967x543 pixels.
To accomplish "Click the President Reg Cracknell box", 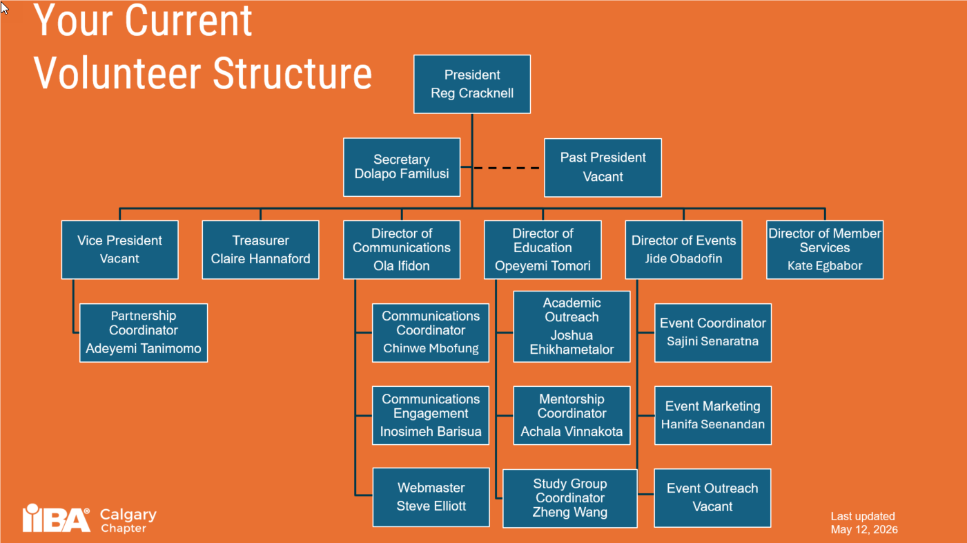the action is [472, 84].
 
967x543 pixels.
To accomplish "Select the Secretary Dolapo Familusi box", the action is [402, 167].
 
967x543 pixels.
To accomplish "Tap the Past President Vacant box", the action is [603, 168].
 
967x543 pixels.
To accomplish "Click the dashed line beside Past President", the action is [507, 168].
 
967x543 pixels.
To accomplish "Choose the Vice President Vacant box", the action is [119, 249].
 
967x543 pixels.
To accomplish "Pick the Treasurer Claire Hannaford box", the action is [260, 249].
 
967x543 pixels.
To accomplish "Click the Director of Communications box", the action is [402, 249].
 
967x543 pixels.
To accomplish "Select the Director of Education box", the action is [543, 249].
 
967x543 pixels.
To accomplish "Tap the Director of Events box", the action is [683, 249].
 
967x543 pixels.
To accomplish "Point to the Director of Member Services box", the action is [825, 249].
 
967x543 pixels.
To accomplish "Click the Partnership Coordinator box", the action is [144, 332].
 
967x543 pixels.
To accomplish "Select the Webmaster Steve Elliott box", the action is [431, 497].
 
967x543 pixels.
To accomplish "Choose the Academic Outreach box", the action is [572, 327].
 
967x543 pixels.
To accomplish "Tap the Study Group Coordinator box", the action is [570, 498].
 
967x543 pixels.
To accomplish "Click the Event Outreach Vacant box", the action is [712, 497].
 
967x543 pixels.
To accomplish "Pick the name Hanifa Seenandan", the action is [713, 424].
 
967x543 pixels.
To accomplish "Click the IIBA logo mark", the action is [56, 518].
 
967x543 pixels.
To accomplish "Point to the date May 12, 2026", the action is [864, 530].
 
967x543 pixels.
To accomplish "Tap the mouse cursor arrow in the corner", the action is [4, 8].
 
